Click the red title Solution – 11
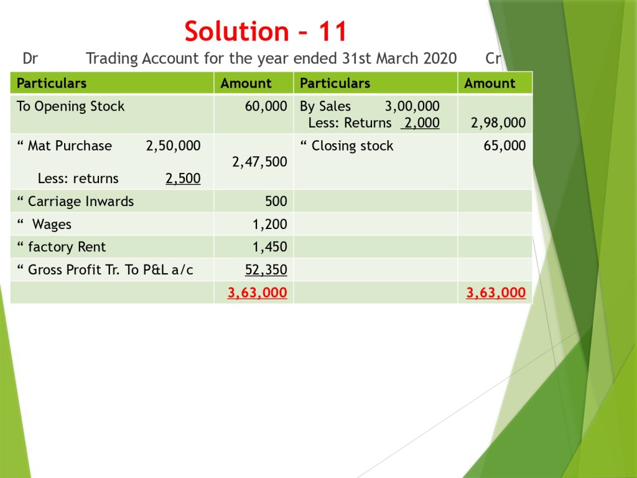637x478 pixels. click(x=266, y=31)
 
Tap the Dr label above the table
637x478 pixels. click(x=30, y=59)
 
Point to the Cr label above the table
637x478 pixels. click(x=493, y=59)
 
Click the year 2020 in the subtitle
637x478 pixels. click(x=440, y=59)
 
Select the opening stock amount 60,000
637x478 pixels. click(x=266, y=106)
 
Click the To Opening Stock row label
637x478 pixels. click(x=71, y=106)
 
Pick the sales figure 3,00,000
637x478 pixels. click(x=412, y=106)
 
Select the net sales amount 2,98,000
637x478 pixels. click(x=498, y=123)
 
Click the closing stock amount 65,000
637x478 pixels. click(x=504, y=146)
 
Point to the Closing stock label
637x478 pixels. click(x=352, y=146)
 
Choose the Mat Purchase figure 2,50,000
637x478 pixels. click(x=173, y=146)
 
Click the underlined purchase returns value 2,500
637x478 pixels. click(x=183, y=179)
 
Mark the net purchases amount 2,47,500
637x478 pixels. click(x=259, y=162)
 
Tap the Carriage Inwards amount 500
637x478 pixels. click(x=276, y=201)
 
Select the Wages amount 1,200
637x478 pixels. click(x=270, y=224)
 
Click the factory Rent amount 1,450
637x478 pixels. click(x=270, y=246)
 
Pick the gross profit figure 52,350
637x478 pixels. click(x=266, y=269)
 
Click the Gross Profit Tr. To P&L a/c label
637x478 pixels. click(x=111, y=269)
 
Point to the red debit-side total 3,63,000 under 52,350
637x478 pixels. click(x=257, y=293)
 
